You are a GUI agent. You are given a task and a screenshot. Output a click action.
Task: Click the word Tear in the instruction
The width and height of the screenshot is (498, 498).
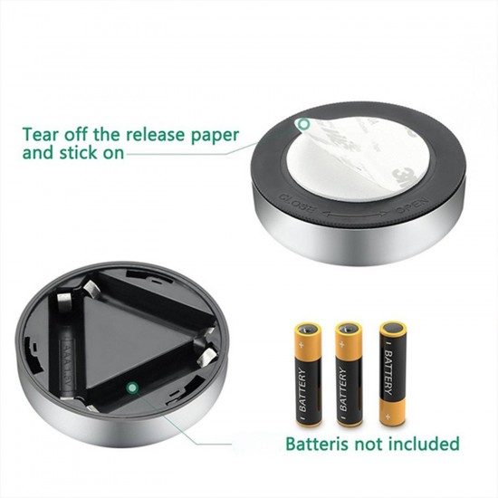click(42, 135)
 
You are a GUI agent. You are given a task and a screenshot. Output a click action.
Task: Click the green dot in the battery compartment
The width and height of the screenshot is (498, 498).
click(131, 388)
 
